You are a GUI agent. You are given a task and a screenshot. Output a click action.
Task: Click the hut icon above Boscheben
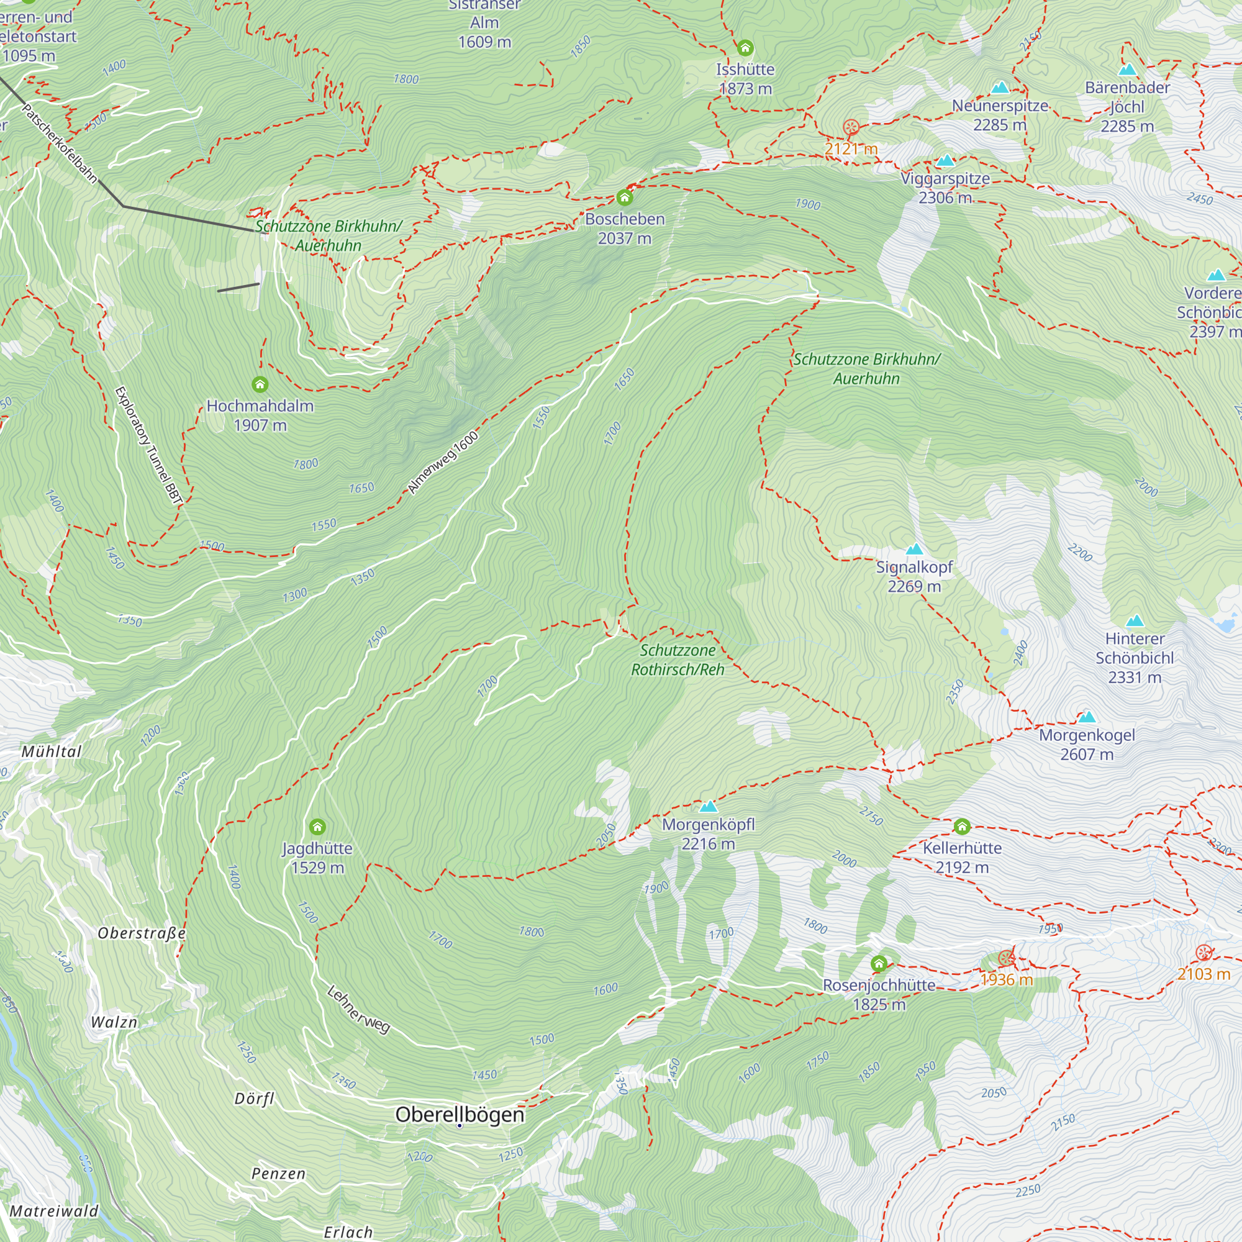(x=624, y=197)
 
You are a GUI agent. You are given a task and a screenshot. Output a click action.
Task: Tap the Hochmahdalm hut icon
(x=260, y=384)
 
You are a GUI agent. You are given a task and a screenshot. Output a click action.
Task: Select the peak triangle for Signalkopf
(x=914, y=549)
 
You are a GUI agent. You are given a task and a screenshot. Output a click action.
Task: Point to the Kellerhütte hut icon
(x=962, y=826)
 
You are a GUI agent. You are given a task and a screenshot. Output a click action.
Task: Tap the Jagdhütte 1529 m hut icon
(x=317, y=827)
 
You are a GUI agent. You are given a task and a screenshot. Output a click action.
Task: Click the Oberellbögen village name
(x=460, y=1114)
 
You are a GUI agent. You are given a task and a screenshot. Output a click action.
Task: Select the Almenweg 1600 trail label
(x=443, y=463)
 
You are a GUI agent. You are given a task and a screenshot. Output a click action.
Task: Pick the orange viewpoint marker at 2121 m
(x=851, y=127)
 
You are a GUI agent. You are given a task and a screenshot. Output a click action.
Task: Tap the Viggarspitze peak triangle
(x=945, y=161)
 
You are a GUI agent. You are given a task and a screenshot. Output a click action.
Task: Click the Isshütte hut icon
(x=745, y=48)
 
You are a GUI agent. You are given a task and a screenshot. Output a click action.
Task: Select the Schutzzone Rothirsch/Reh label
(x=678, y=660)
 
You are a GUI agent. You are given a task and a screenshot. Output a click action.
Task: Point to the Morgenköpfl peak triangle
(x=708, y=807)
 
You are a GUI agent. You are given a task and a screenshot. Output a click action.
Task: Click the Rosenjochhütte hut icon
(x=879, y=964)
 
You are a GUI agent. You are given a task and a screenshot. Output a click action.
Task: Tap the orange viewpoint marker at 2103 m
(x=1203, y=953)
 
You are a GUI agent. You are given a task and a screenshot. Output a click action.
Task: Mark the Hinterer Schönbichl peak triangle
(x=1135, y=621)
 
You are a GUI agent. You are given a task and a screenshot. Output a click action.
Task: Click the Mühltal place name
(x=52, y=751)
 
